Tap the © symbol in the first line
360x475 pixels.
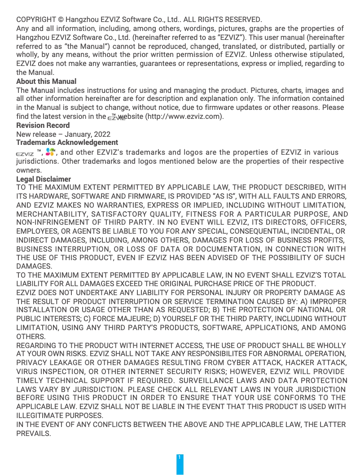click(x=61, y=20)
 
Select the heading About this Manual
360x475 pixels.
click(x=46, y=81)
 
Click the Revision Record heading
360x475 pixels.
click(x=43, y=125)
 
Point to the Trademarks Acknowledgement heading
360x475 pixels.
click(x=67, y=143)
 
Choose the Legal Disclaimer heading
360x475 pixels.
click(x=44, y=179)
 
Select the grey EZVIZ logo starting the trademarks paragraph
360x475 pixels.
click(x=25, y=153)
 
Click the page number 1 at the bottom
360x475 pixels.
click(x=180, y=457)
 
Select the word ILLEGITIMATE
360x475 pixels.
click(x=37, y=415)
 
